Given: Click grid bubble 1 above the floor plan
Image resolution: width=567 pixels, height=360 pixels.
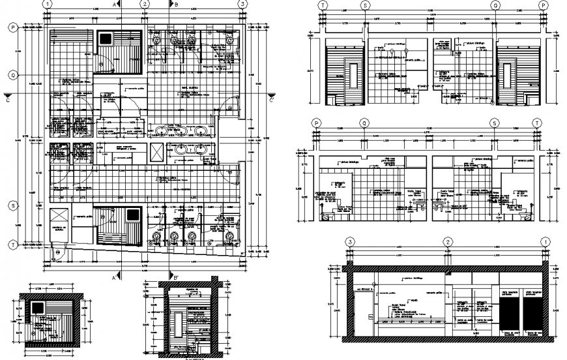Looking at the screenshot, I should pos(48,4).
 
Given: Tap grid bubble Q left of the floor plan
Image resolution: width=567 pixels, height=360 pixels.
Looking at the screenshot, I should pos(12,75).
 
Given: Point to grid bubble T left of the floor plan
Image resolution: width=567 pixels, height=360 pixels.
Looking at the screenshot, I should pos(12,245).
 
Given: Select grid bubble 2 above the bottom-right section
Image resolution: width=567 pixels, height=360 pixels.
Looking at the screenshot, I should pos(448,242).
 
